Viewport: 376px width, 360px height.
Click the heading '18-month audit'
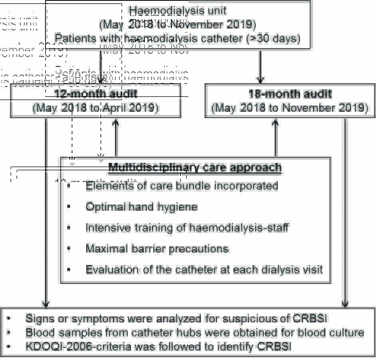[x=290, y=94]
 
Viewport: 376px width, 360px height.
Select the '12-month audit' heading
[x=96, y=94]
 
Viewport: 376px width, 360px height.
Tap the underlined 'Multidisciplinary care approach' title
[x=195, y=167]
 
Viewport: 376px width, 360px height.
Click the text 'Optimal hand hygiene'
[x=141, y=207]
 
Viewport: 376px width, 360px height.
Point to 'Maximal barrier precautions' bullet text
[x=157, y=249]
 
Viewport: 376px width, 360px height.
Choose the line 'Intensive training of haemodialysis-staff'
[x=187, y=227]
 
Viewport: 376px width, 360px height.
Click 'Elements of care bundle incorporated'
[x=182, y=186]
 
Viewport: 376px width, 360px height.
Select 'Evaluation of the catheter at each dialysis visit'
[x=204, y=269]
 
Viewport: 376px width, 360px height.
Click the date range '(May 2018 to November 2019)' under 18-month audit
[x=290, y=108]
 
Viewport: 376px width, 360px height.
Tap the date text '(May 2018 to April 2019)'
[x=96, y=108]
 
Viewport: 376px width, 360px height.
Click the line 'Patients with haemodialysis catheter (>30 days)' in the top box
[x=178, y=38]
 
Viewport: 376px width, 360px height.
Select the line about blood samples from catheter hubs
[x=195, y=332]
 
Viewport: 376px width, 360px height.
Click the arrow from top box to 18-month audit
[x=260, y=66]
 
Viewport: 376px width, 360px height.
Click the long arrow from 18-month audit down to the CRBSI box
[x=345, y=212]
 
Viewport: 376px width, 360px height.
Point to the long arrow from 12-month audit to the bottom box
[x=46, y=212]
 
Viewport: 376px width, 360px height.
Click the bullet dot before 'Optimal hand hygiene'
[x=69, y=207]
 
